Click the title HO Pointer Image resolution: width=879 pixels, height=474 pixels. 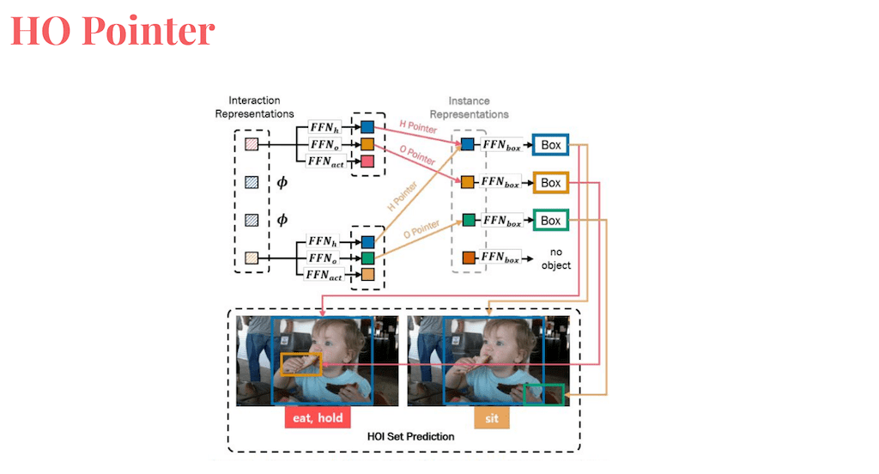[112, 31]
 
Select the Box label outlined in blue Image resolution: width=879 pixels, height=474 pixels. [550, 145]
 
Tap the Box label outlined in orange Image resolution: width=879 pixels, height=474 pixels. [550, 183]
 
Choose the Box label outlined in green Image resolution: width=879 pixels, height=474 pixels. [550, 221]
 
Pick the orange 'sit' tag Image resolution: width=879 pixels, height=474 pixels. [492, 418]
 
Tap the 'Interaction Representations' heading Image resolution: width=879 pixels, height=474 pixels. [254, 107]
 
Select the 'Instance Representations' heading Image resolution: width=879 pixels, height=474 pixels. [469, 107]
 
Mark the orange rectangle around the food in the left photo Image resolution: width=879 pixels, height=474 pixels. [300, 363]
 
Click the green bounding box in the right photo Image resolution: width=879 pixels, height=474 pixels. [544, 394]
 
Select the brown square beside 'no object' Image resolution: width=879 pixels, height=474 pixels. [468, 258]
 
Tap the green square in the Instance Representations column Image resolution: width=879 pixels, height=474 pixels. [468, 220]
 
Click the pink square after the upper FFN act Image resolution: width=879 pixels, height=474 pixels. [367, 161]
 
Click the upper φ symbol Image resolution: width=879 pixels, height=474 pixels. [282, 182]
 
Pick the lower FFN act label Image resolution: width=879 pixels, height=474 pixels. [325, 274]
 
